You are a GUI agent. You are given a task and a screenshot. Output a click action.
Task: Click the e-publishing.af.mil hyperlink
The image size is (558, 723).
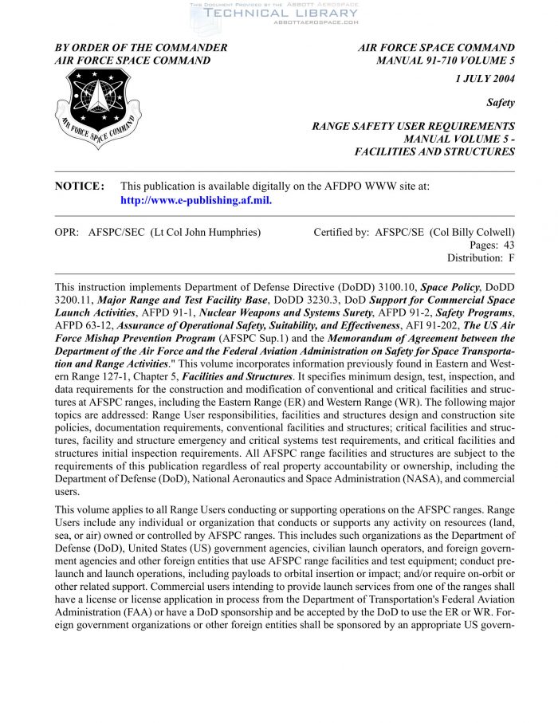tap(196, 200)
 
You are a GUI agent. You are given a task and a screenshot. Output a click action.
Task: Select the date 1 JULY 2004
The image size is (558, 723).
tap(485, 78)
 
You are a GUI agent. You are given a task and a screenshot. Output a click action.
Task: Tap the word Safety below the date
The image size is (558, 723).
tap(500, 103)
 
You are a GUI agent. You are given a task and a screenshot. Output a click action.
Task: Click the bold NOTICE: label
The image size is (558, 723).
tap(79, 186)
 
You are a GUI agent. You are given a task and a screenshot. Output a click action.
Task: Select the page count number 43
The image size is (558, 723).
tap(507, 245)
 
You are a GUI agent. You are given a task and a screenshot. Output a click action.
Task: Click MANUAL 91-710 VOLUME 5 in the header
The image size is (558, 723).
tap(445, 60)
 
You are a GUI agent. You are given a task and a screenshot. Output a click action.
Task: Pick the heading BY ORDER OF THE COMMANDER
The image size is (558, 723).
tap(140, 48)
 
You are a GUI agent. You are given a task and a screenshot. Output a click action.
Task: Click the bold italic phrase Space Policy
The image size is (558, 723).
tap(449, 286)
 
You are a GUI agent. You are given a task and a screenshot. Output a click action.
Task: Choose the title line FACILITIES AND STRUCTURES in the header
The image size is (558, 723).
tap(434, 151)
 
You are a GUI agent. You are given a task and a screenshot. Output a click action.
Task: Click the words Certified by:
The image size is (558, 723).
tap(341, 232)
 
